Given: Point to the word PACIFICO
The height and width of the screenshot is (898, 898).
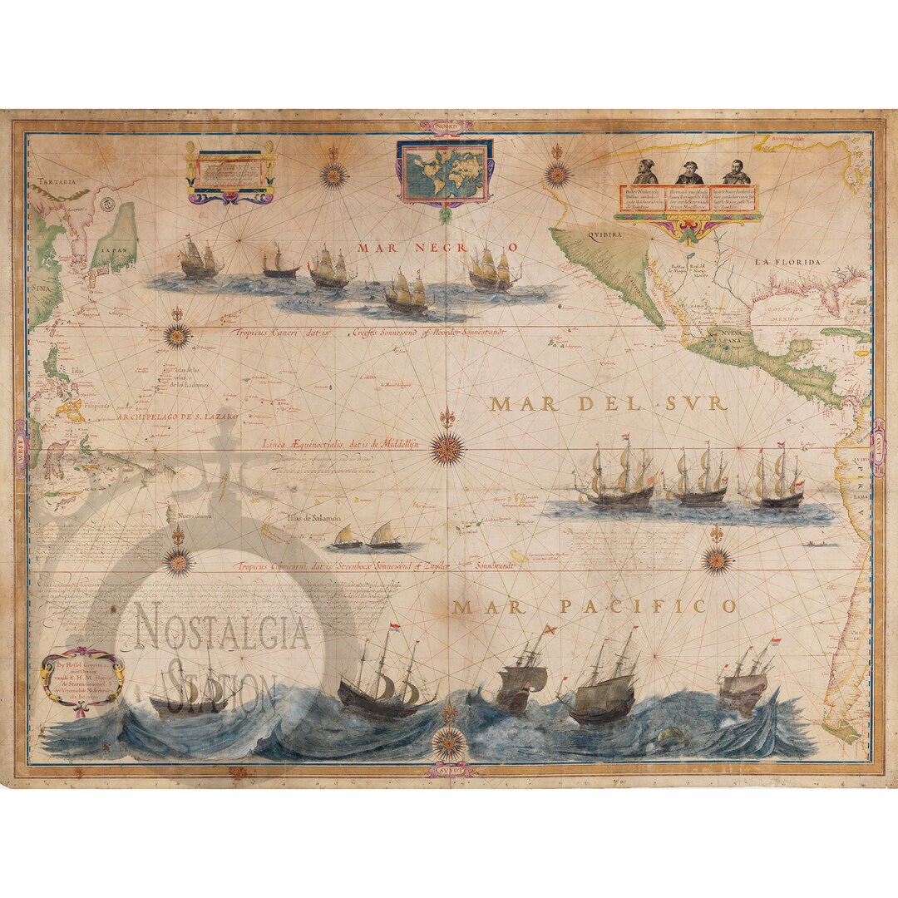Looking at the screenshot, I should coord(647,607).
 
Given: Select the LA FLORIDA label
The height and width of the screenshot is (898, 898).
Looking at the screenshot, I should coord(787,262).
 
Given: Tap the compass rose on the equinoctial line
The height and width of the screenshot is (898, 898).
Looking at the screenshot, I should coord(448,448).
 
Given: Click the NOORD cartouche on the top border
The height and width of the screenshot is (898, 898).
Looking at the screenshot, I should coord(449,127).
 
